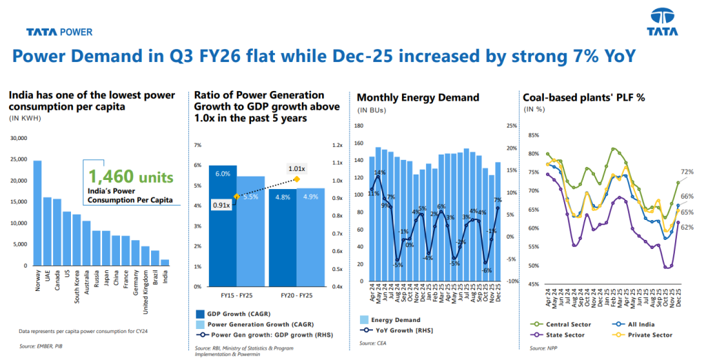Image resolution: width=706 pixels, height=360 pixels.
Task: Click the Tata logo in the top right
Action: click(x=662, y=22)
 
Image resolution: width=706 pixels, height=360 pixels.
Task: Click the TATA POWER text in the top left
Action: click(x=59, y=32)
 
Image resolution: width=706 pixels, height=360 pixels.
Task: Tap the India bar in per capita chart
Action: click(x=164, y=262)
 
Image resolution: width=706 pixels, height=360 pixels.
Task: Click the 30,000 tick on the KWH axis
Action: click(x=17, y=138)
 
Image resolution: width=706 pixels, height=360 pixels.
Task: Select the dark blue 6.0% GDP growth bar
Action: click(x=223, y=226)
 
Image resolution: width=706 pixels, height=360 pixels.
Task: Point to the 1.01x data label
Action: click(x=297, y=168)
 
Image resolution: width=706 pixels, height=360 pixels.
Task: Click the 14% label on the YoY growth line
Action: click(x=380, y=172)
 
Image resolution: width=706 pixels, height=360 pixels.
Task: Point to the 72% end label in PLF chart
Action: click(x=687, y=171)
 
